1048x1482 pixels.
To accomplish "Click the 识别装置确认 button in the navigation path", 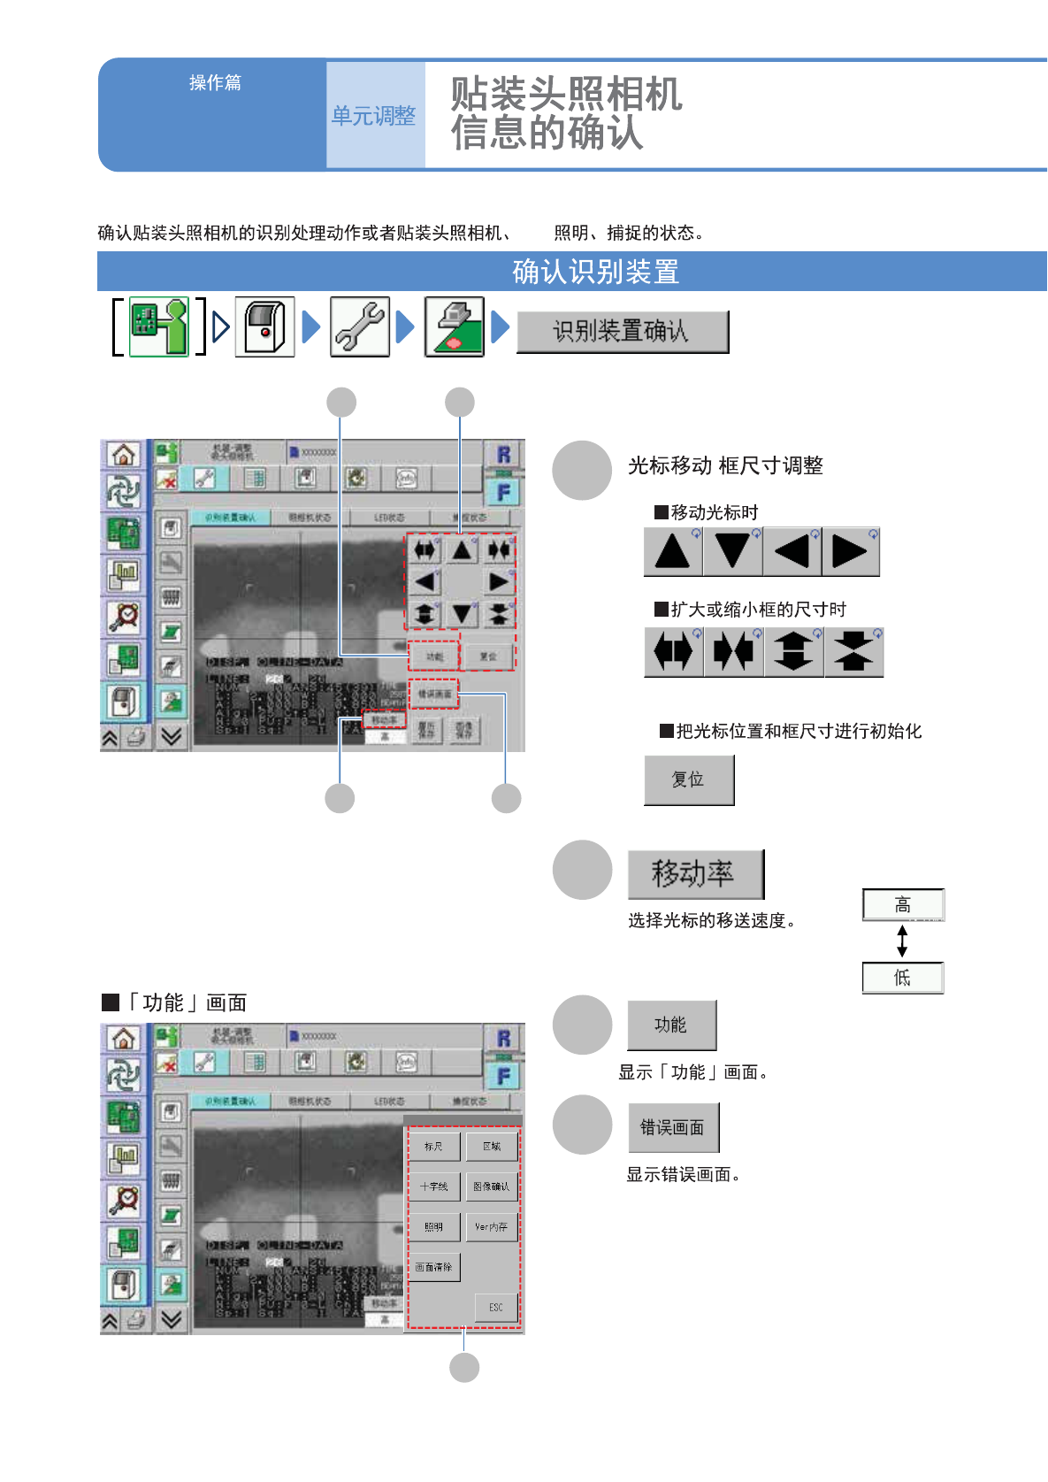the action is click(622, 332).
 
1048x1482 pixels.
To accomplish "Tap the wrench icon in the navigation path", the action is click(359, 327).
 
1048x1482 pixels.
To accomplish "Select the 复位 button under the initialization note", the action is click(688, 779).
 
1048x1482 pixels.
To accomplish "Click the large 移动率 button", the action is click(694, 874).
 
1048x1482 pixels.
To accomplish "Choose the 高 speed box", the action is click(902, 905).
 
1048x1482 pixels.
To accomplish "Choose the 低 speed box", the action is click(902, 978).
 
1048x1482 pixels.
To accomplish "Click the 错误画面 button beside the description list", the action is click(672, 1127).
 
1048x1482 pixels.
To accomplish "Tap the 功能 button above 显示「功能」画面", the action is click(670, 1025).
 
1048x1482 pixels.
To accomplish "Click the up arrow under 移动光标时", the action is click(673, 551).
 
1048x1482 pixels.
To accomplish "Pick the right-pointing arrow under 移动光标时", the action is click(850, 551).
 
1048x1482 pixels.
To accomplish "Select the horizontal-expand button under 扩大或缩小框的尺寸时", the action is click(673, 652).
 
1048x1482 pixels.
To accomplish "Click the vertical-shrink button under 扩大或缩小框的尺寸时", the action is click(853, 652).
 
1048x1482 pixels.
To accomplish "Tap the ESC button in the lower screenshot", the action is click(495, 1307).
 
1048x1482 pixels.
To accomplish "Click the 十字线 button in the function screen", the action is click(433, 1186).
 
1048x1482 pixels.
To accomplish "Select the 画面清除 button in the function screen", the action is click(433, 1267).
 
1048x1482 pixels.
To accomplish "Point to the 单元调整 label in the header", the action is click(373, 116).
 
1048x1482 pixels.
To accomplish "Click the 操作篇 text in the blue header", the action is click(215, 82).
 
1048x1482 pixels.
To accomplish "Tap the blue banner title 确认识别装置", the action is click(595, 272).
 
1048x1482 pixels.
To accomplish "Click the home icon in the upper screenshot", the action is click(123, 455).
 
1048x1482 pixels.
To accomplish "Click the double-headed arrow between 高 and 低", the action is click(902, 941).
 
